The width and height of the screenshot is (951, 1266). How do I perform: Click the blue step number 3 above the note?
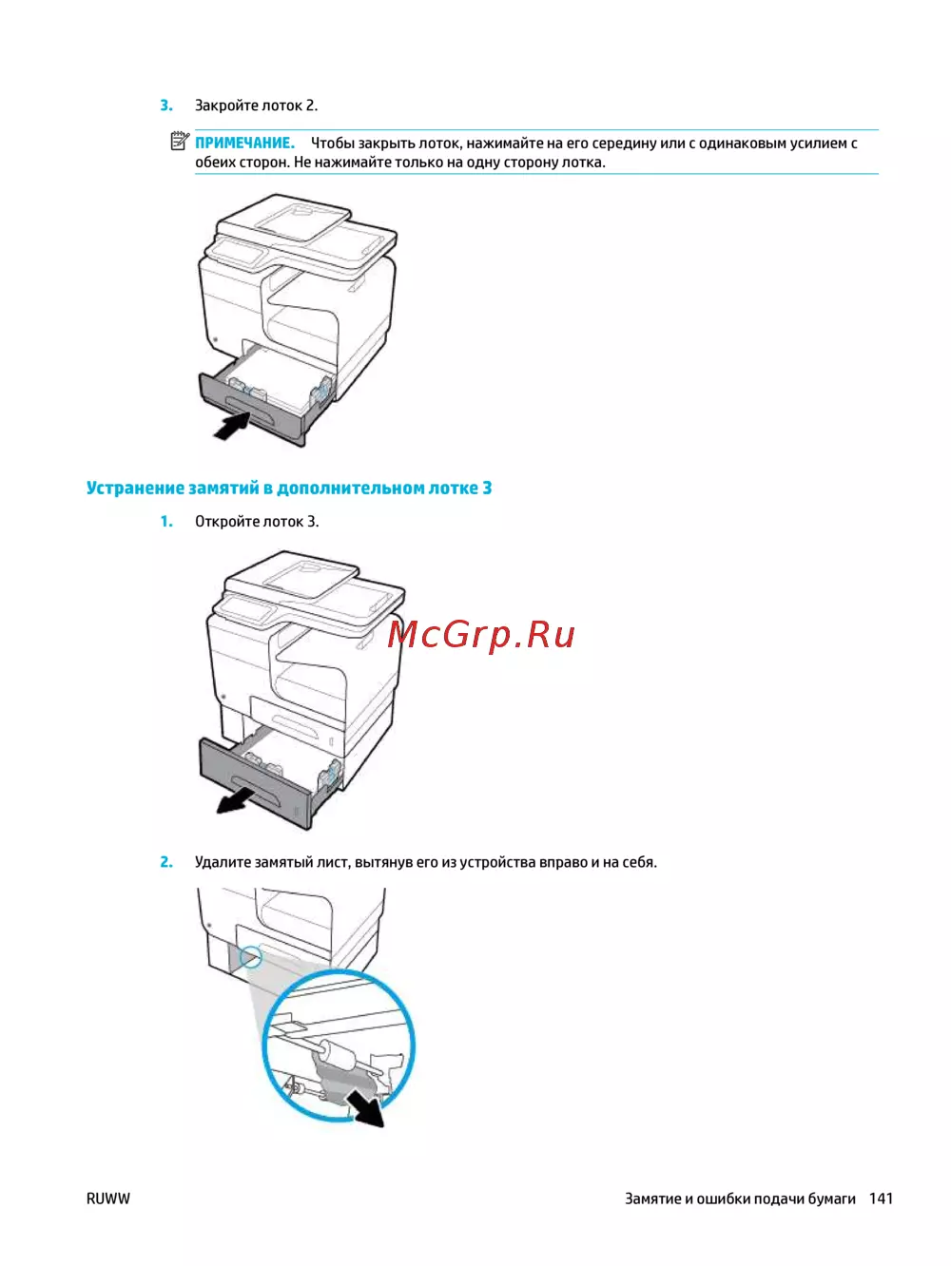pyautogui.click(x=166, y=105)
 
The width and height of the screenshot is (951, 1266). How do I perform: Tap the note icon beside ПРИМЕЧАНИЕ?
pyautogui.click(x=180, y=141)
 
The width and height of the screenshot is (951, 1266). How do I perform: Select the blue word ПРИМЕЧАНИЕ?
pyautogui.click(x=244, y=143)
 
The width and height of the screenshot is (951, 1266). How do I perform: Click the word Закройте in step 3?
pyautogui.click(x=226, y=105)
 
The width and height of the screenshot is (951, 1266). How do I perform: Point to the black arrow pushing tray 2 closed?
pyautogui.click(x=231, y=428)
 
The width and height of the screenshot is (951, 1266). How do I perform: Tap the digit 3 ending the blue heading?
pyautogui.click(x=487, y=488)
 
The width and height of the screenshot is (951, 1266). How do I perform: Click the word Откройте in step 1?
pyautogui.click(x=226, y=522)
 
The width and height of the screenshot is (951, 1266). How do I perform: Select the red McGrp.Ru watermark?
pyautogui.click(x=480, y=635)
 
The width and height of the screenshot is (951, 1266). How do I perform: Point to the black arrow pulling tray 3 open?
pyautogui.click(x=236, y=799)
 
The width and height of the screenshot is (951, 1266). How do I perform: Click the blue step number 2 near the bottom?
pyautogui.click(x=166, y=862)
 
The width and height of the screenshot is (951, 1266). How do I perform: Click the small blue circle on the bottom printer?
pyautogui.click(x=251, y=958)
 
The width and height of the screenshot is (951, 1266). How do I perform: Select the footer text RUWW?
pyautogui.click(x=108, y=1199)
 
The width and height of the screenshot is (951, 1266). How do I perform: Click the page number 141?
pyautogui.click(x=882, y=1199)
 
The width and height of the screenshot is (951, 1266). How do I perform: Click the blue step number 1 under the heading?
pyautogui.click(x=166, y=522)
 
